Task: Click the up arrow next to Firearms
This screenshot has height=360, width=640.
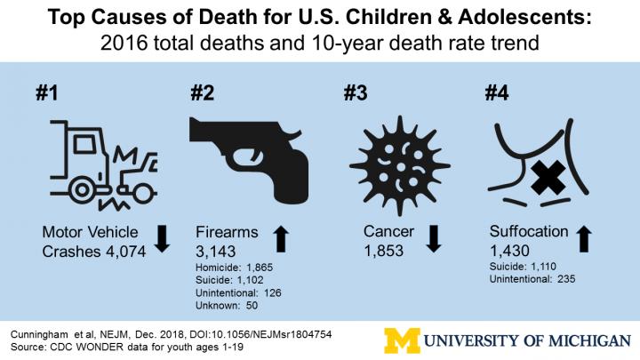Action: (x=280, y=241)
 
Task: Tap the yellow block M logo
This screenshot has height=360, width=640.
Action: (x=402, y=340)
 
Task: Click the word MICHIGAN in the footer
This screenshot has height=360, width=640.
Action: (x=577, y=340)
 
